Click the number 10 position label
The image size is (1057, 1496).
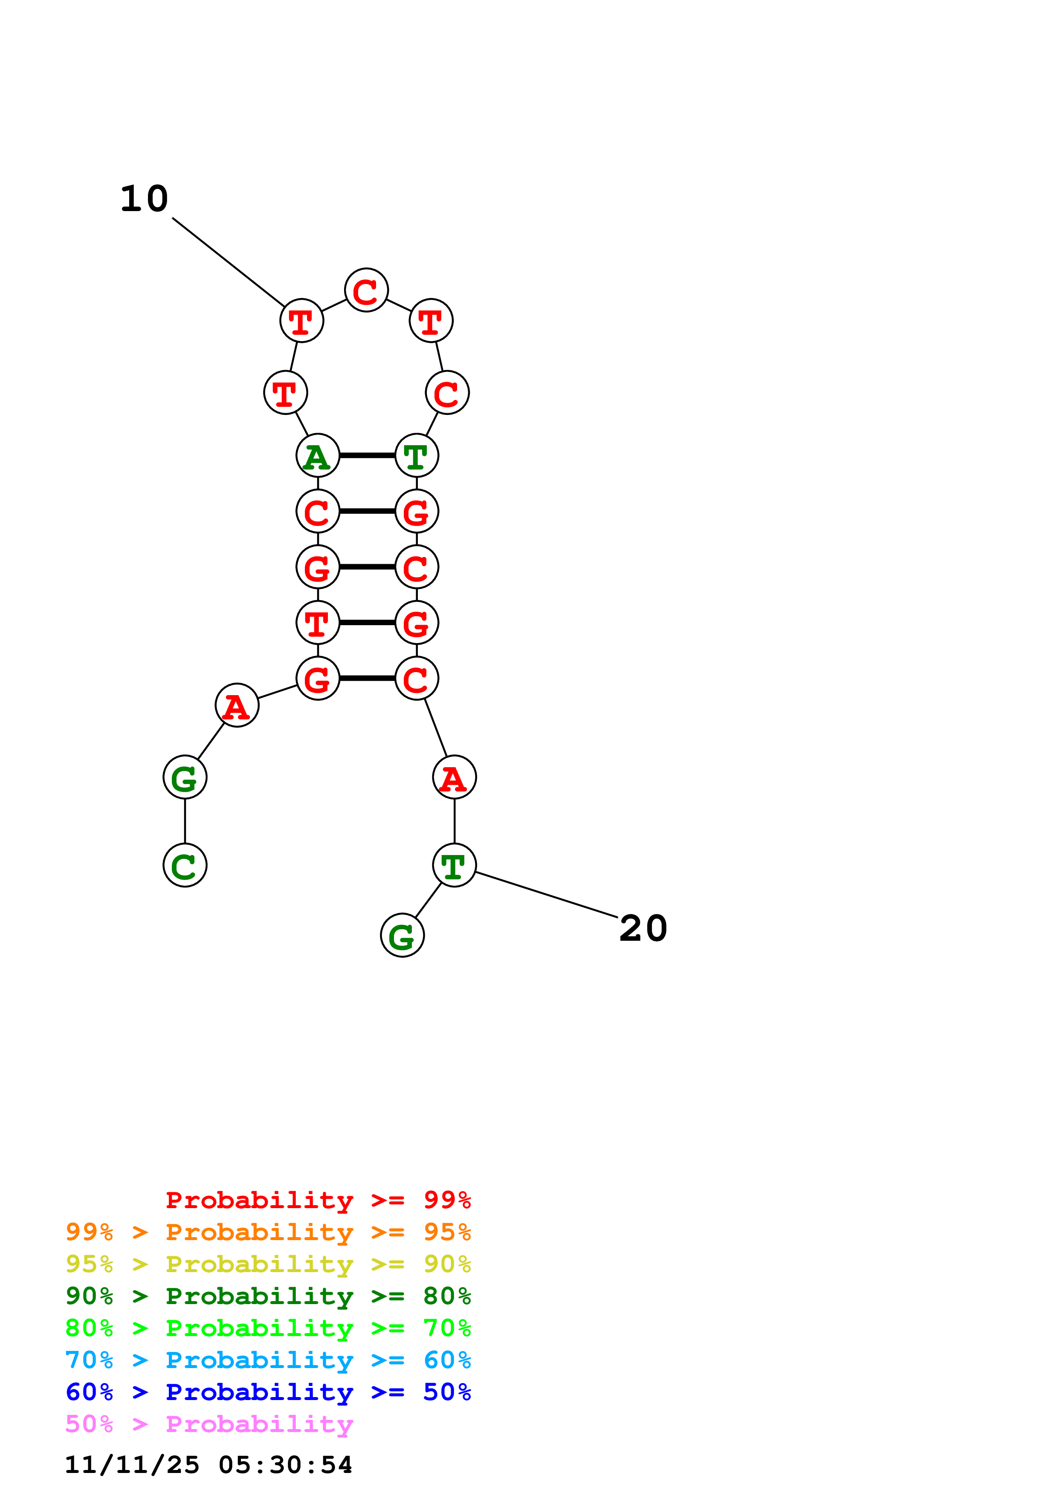point(144,199)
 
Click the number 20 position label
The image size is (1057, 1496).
point(643,928)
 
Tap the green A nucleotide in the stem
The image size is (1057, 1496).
point(318,456)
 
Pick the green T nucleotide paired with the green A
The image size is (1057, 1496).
point(417,456)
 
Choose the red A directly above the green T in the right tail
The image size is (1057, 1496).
point(454,778)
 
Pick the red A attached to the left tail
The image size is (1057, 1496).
point(237,706)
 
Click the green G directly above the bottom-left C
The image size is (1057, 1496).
point(185,778)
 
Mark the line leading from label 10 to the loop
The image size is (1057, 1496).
point(228,262)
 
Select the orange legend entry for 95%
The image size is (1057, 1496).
point(268,1232)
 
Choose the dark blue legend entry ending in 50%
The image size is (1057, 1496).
point(268,1392)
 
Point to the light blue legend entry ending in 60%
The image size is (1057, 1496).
point(268,1360)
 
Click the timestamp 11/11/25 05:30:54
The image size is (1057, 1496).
point(209,1465)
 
